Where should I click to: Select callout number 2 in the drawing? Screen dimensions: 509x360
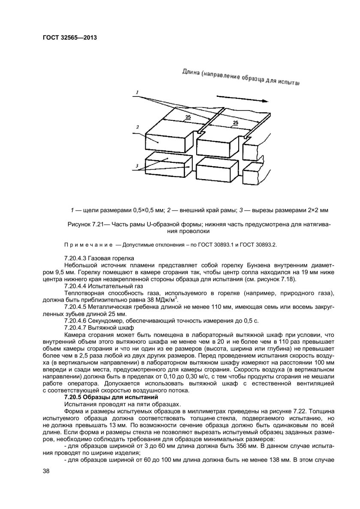click(137, 127)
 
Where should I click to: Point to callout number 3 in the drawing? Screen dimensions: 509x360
click(137, 165)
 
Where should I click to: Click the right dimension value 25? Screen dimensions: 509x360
click(235, 123)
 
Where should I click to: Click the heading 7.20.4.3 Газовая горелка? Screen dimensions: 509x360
click(99, 258)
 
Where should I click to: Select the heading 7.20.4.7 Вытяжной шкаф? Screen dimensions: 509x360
click(99, 327)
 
